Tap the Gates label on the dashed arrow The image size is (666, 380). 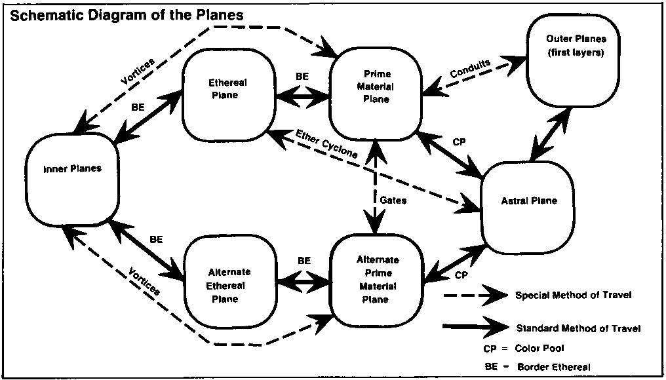[393, 200]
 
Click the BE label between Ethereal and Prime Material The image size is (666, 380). [302, 77]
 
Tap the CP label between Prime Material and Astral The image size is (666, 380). [459, 142]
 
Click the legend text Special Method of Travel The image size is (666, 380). [573, 295]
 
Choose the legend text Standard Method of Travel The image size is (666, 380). [578, 328]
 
